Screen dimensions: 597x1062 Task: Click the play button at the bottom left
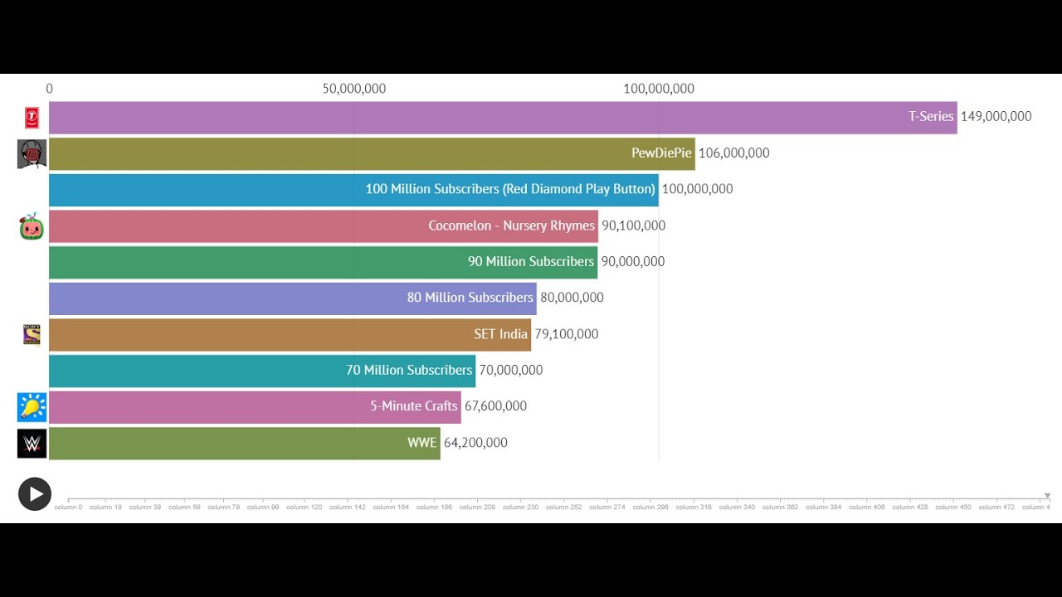click(x=35, y=494)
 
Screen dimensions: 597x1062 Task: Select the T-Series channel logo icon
click(x=32, y=118)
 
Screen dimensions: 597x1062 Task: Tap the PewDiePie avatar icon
click(x=32, y=154)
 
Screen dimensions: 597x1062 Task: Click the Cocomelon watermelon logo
click(x=32, y=226)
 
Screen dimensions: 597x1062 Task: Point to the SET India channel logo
click(x=32, y=334)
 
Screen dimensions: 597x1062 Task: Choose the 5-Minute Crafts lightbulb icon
click(x=32, y=407)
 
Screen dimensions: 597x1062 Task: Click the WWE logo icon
click(x=32, y=444)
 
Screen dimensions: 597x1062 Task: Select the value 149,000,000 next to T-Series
click(x=996, y=117)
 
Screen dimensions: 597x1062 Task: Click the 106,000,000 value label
click(x=733, y=153)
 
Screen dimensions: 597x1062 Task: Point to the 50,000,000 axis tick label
click(x=354, y=89)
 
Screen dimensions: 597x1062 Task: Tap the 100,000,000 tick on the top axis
click(x=659, y=89)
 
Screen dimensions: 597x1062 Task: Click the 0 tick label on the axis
click(x=50, y=89)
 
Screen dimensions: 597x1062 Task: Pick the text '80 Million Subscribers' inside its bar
click(x=470, y=298)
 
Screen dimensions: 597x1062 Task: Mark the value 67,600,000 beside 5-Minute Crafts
click(x=495, y=406)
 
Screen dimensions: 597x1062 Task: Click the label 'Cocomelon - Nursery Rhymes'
click(x=511, y=226)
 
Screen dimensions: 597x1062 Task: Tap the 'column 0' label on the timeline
click(x=68, y=507)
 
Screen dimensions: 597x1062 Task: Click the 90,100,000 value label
click(x=633, y=226)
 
